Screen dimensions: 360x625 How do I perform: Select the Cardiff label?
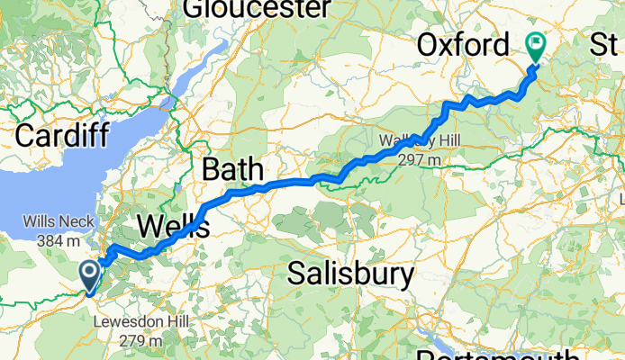click(62, 137)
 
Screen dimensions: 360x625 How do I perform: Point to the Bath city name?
click(233, 168)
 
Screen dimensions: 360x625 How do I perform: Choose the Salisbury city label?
click(351, 274)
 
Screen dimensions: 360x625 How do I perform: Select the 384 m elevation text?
click(53, 240)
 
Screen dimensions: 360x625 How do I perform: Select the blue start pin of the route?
click(91, 274)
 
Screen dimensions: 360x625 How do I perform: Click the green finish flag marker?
click(536, 43)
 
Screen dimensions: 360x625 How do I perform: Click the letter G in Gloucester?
click(193, 9)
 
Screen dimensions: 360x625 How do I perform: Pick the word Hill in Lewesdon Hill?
click(166, 322)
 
